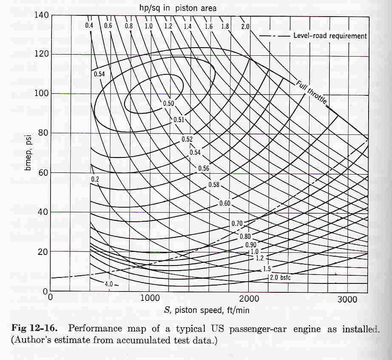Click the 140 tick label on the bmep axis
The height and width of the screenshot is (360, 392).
[x=41, y=15]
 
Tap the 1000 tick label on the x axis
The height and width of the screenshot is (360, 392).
[x=150, y=298]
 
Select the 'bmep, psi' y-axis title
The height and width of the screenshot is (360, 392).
[x=28, y=153]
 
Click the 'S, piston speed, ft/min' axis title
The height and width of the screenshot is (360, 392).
[x=207, y=310]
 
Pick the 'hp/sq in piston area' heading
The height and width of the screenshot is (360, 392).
[x=178, y=8]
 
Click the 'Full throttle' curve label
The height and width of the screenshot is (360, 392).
[x=312, y=92]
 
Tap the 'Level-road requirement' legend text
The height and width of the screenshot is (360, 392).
[x=330, y=36]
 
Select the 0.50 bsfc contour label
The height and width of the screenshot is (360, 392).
[x=168, y=103]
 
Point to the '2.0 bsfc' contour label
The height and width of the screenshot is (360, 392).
[x=280, y=277]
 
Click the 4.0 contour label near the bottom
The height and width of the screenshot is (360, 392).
[x=109, y=284]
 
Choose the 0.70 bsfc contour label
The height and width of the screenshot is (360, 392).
[x=237, y=223]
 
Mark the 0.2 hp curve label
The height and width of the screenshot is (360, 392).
[x=95, y=179]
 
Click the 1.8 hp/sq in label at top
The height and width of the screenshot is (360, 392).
[x=225, y=26]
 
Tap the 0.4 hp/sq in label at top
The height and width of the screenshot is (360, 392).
[x=89, y=25]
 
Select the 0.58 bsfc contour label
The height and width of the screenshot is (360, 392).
[x=214, y=185]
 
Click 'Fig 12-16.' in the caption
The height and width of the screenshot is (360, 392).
[x=34, y=328]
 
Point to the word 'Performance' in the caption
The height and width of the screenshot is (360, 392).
[x=95, y=328]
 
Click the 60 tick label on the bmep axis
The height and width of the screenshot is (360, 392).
[x=43, y=173]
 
